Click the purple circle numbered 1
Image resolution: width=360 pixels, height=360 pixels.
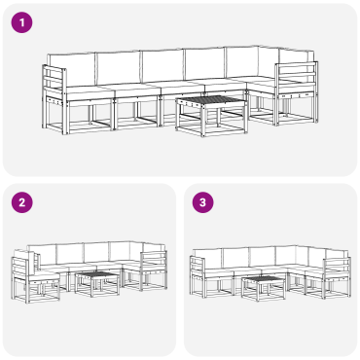(x=22, y=22)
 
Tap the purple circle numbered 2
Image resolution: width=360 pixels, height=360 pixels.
(x=22, y=202)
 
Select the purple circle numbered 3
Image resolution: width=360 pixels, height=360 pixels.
(x=202, y=202)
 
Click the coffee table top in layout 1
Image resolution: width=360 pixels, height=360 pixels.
(x=211, y=101)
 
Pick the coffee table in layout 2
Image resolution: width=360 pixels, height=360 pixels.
(x=97, y=284)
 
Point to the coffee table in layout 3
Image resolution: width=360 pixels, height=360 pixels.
(x=264, y=288)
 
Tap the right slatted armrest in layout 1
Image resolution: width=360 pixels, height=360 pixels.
(x=296, y=79)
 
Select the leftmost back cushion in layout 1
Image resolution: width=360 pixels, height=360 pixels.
(x=71, y=69)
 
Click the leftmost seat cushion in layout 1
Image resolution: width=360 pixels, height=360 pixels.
(x=89, y=92)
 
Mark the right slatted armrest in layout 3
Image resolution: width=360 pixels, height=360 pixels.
(x=337, y=269)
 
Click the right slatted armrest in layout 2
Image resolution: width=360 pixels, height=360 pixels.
(x=155, y=262)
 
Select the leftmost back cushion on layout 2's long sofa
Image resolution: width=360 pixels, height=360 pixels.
(x=42, y=254)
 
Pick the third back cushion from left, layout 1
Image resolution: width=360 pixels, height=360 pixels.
(x=163, y=66)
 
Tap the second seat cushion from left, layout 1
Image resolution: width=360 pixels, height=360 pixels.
(x=136, y=90)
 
